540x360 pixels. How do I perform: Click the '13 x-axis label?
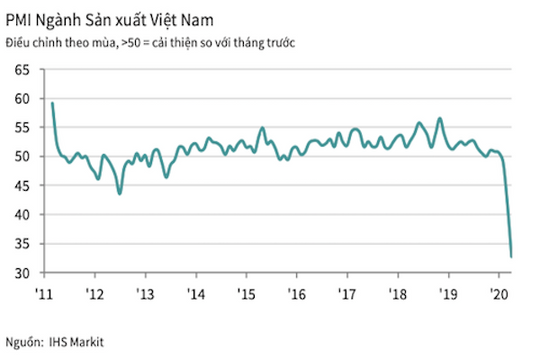coord(144,294)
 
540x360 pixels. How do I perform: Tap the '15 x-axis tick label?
coord(246,294)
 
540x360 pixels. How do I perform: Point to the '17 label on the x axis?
coord(348,294)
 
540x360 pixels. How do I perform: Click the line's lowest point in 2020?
coord(512,256)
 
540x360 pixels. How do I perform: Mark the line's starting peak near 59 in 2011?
coord(52,103)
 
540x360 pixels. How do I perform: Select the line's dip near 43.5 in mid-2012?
coord(120,193)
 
